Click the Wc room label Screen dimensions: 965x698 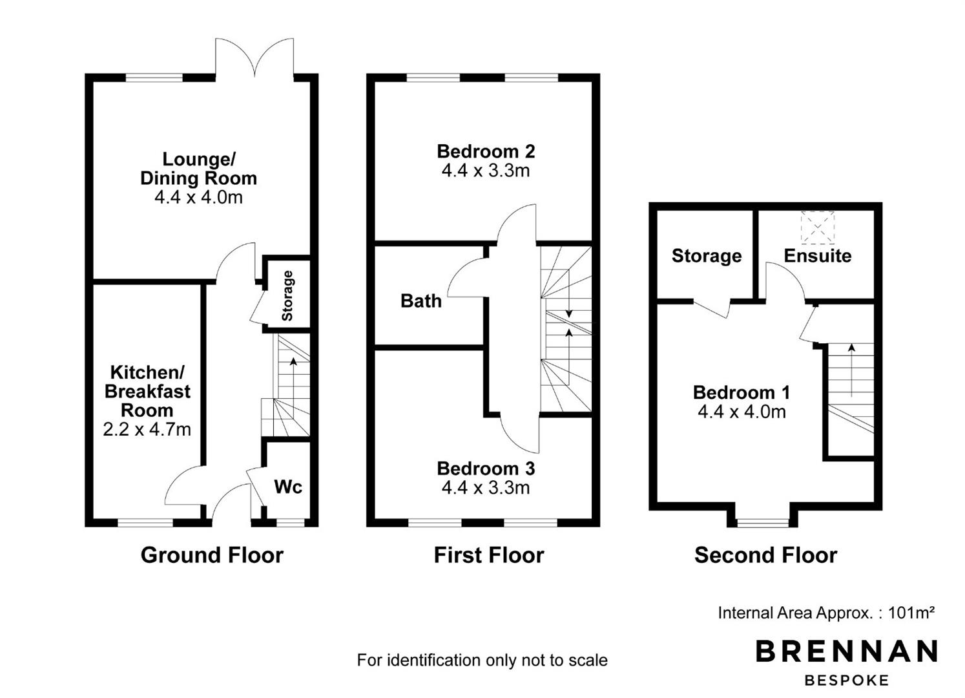click(288, 487)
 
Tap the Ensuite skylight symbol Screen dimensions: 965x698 click(818, 227)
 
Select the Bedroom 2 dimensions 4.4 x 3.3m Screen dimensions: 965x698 click(486, 171)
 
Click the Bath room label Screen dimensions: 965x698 click(421, 301)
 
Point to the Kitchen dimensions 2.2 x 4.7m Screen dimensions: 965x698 click(147, 429)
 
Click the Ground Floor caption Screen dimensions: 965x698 click(212, 555)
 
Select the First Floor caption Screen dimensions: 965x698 click(489, 555)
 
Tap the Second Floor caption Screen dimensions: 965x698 click(765, 555)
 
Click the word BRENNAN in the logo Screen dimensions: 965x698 click(847, 651)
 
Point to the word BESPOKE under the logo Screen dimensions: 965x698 click(847, 681)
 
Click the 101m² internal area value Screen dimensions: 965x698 click(911, 613)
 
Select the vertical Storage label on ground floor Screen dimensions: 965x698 click(287, 296)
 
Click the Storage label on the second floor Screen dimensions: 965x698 click(707, 256)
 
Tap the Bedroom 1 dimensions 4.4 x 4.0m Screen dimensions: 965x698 click(742, 412)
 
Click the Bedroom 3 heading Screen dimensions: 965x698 click(486, 469)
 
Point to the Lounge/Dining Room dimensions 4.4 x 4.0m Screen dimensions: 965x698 click(198, 198)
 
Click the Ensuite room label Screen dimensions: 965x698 click(818, 256)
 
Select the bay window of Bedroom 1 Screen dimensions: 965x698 click(763, 523)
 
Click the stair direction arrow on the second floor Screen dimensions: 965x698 click(851, 370)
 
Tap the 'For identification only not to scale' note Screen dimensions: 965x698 click(482, 660)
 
